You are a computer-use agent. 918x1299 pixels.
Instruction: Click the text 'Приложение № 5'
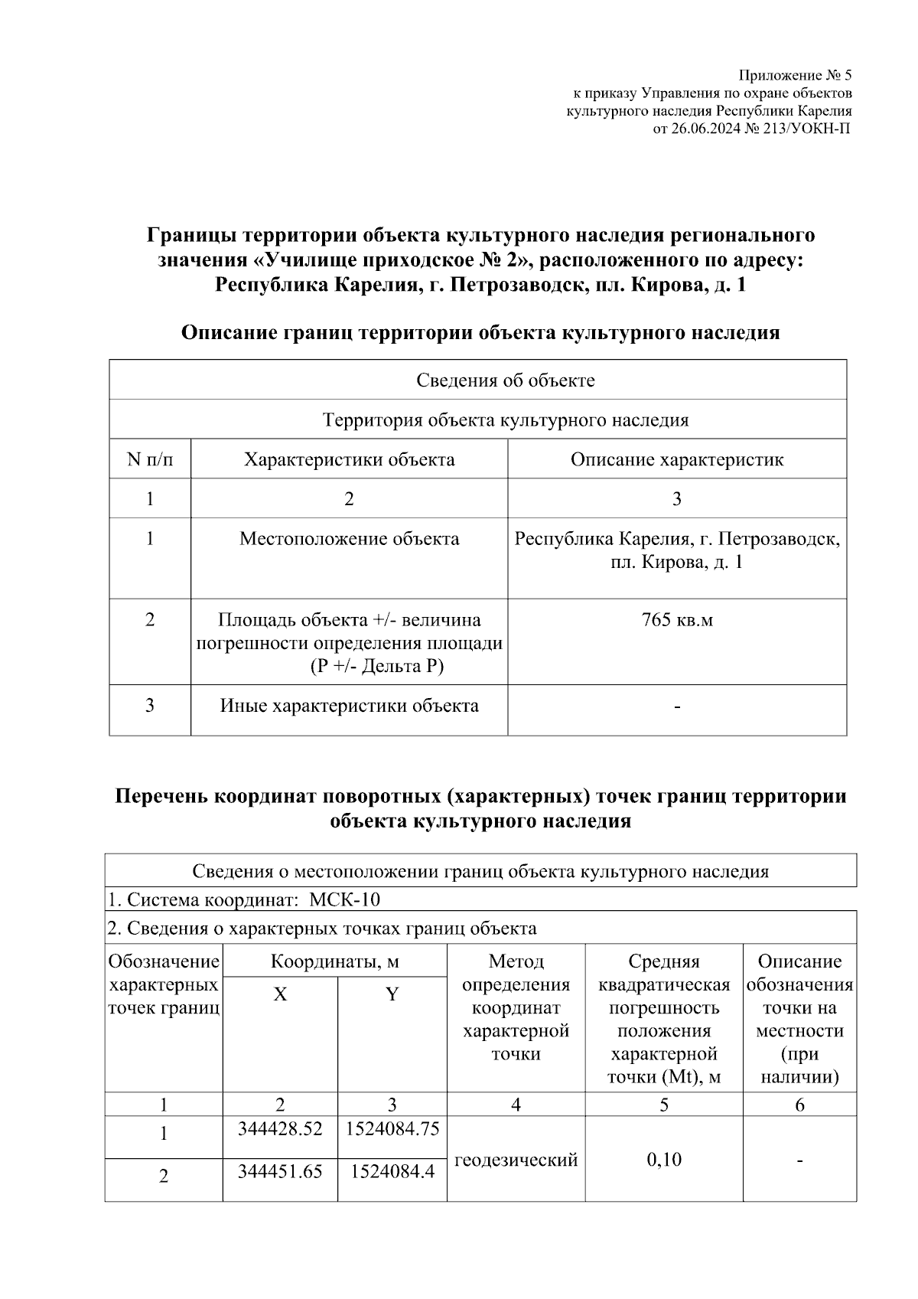pyautogui.click(x=795, y=76)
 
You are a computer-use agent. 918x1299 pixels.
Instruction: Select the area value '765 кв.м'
pyautogui.click(x=677, y=619)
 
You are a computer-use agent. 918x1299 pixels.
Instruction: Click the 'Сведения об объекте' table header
pyautogui.click(x=506, y=380)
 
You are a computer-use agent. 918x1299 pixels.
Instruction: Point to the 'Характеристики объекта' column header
pyautogui.click(x=349, y=459)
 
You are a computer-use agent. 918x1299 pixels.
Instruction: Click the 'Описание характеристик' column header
pyautogui.click(x=677, y=459)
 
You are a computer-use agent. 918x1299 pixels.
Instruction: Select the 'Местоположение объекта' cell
pyautogui.click(x=349, y=539)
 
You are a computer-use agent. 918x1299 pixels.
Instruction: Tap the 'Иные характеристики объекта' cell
pyautogui.click(x=349, y=705)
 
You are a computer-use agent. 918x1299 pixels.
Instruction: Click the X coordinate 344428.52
pyautogui.click(x=280, y=1128)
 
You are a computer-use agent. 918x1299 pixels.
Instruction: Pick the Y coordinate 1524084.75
pyautogui.click(x=392, y=1128)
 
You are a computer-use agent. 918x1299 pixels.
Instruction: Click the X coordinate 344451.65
pyautogui.click(x=280, y=1170)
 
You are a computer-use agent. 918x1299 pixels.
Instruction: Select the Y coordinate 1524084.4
pyautogui.click(x=392, y=1170)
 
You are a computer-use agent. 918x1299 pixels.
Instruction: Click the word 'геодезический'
pyautogui.click(x=516, y=1160)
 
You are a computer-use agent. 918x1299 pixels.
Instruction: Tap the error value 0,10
pyautogui.click(x=663, y=1160)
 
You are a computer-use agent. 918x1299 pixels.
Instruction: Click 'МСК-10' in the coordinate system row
pyautogui.click(x=344, y=899)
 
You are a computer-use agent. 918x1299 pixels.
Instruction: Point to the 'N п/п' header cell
pyautogui.click(x=150, y=459)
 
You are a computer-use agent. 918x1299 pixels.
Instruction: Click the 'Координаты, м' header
pyautogui.click(x=335, y=961)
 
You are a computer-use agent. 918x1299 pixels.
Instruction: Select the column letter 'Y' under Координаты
pyautogui.click(x=392, y=994)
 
